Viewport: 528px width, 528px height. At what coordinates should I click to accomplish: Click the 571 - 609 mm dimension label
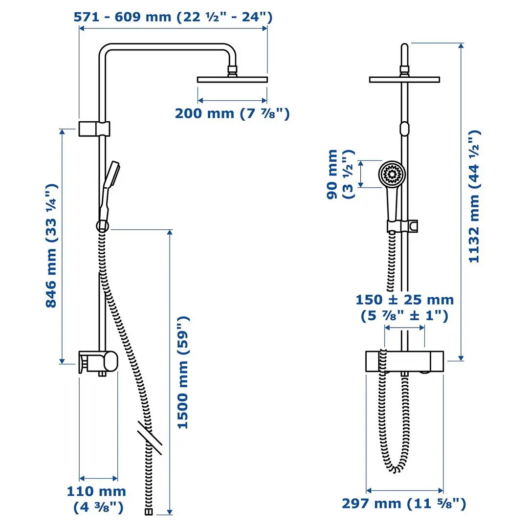[x=173, y=17]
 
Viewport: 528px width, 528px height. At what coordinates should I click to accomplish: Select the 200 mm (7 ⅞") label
[x=232, y=113]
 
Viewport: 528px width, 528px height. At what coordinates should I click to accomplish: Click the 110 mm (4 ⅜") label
[x=96, y=499]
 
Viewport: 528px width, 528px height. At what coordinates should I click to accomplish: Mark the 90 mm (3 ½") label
[x=339, y=174]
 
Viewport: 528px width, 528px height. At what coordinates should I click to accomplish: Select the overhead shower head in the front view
[x=404, y=79]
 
